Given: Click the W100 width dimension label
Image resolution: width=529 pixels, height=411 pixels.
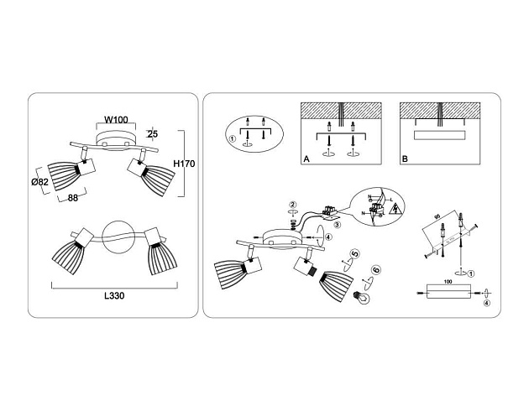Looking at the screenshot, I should click(x=116, y=120).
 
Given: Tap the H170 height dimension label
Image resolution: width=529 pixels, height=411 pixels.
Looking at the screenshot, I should click(x=183, y=164).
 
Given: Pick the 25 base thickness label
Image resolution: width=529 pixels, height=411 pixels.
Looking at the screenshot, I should click(x=152, y=133).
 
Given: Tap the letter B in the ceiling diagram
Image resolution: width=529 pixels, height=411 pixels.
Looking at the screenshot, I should click(x=404, y=157).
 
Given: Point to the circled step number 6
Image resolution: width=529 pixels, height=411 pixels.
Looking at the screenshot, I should click(x=375, y=271).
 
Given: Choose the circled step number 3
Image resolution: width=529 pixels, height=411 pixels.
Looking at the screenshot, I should click(x=337, y=224).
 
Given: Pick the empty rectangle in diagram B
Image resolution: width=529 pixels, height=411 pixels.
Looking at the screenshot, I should click(x=441, y=137).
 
